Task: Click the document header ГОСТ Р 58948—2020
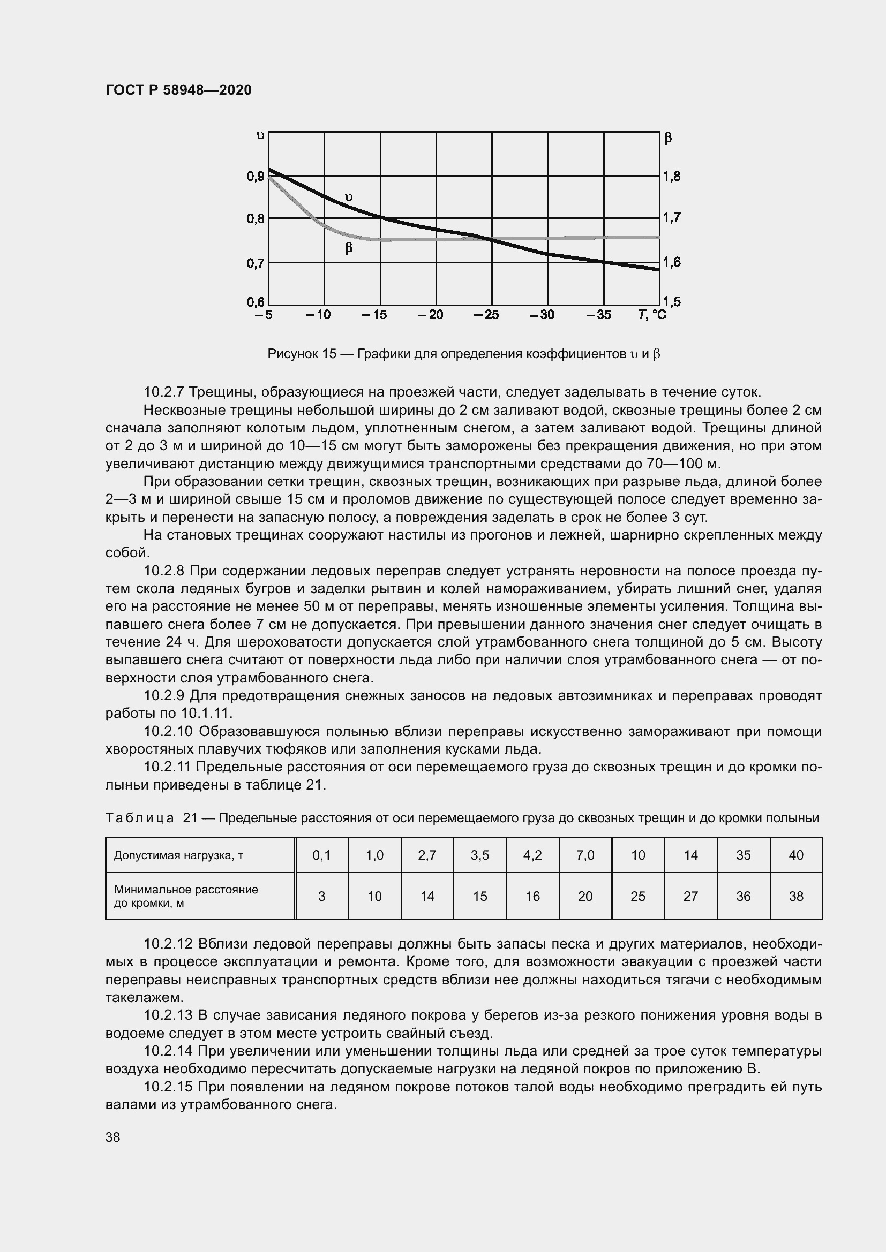(x=178, y=90)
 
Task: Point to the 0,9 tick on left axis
(x=256, y=176)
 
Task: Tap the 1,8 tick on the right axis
(x=672, y=176)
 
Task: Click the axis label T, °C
(x=652, y=315)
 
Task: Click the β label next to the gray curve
(x=349, y=248)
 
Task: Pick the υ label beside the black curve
(x=349, y=197)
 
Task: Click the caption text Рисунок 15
(x=302, y=354)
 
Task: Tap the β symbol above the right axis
(x=669, y=138)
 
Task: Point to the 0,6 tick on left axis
(x=256, y=302)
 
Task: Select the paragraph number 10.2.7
(x=164, y=392)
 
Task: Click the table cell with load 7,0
(x=585, y=855)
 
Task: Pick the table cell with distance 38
(x=796, y=897)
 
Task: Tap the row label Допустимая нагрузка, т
(x=178, y=855)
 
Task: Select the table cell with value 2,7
(x=427, y=855)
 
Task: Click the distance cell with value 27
(x=690, y=897)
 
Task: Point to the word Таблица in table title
(x=140, y=818)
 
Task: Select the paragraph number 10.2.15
(x=168, y=1087)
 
